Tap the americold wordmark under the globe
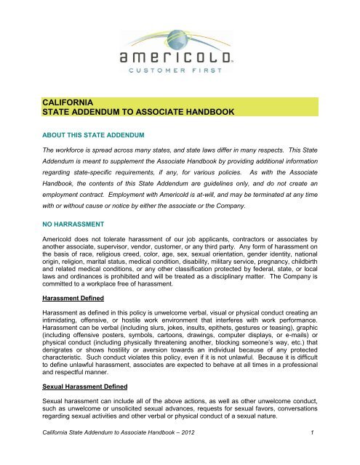coord(180,57)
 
